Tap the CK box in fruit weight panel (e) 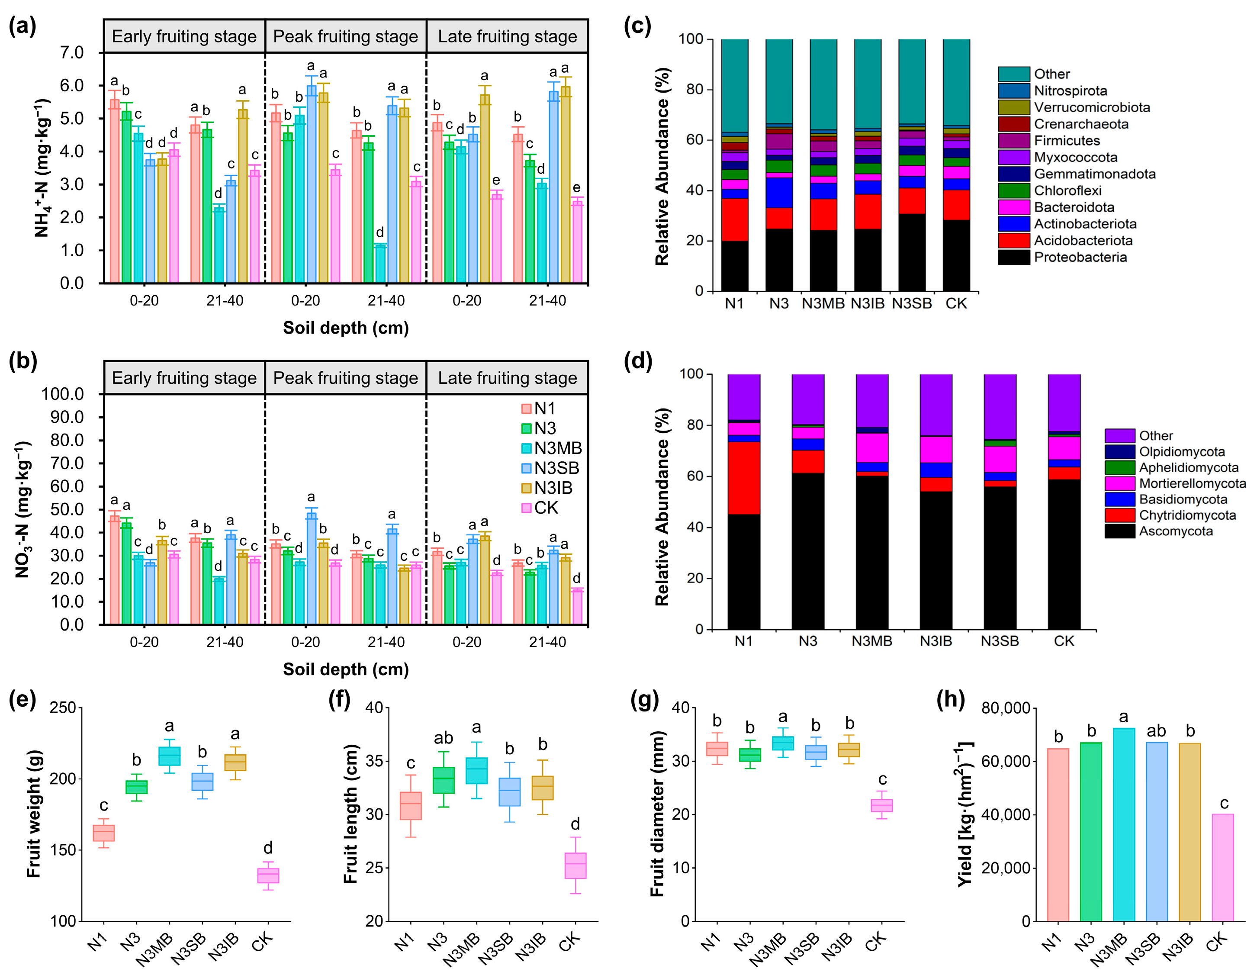coord(268,875)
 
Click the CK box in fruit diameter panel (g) coord(881,805)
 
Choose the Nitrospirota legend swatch coord(1013,91)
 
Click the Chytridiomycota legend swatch coord(1119,515)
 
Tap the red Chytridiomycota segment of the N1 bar coord(744,478)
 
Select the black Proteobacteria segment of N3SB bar coord(912,252)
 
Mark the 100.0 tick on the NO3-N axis coord(63,394)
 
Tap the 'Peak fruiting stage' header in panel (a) coord(345,36)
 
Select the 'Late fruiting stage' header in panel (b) coord(507,378)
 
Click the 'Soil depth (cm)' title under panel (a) coord(345,328)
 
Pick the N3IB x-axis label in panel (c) coord(868,303)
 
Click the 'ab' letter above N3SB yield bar coord(1156,731)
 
